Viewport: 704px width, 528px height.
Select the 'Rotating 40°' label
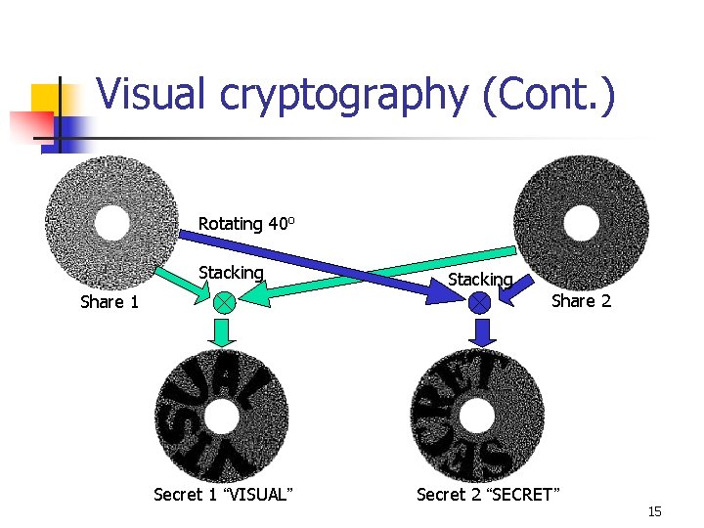(246, 224)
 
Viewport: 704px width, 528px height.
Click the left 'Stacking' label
(231, 273)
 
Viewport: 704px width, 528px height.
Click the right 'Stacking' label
(480, 280)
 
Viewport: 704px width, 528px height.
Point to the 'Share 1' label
(109, 302)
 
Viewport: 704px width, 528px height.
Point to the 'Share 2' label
(581, 301)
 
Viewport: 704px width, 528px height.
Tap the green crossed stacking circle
(225, 302)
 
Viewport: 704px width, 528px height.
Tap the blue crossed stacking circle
(479, 303)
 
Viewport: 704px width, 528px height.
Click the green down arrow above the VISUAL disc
(225, 333)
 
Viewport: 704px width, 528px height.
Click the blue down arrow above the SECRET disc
(479, 333)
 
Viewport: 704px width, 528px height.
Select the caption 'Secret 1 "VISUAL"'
(222, 495)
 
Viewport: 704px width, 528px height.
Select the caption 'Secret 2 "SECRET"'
(488, 495)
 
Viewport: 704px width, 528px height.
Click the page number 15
(654, 512)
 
